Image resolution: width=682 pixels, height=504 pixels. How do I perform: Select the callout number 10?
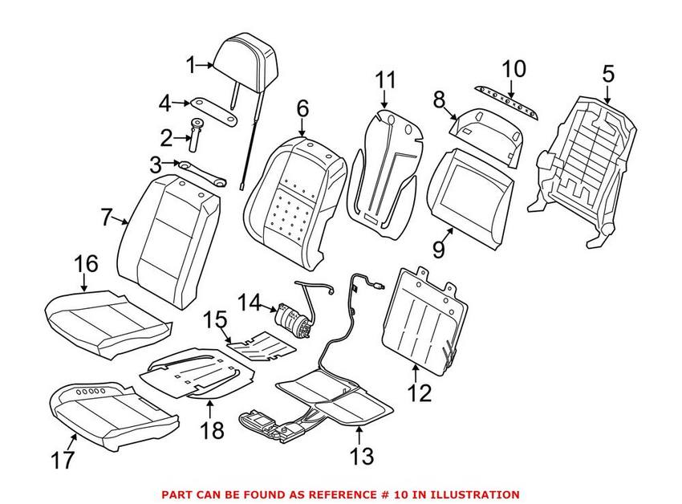pos(514,68)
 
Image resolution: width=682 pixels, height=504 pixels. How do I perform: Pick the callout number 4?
pos(164,103)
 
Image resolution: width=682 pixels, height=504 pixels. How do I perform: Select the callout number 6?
pos(302,107)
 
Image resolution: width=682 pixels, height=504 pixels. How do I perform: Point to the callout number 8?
pos(439,100)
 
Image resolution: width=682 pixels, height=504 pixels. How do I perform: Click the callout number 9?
pos(438,250)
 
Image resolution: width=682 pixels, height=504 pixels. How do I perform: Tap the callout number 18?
pos(212,432)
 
